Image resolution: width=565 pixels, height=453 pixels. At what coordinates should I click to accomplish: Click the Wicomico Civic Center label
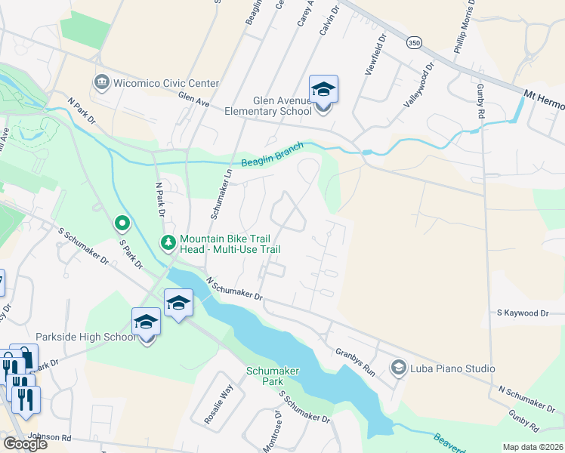[x=166, y=83]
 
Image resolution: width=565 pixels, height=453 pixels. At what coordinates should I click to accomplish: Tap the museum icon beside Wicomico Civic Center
[x=101, y=82]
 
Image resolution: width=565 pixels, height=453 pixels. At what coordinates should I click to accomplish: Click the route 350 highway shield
[x=414, y=45]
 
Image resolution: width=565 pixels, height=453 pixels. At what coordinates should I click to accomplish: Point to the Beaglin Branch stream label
[x=272, y=154]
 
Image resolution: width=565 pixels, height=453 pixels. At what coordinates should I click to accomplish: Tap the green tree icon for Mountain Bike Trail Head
[x=168, y=242]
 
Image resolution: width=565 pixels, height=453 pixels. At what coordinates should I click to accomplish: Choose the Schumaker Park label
[x=273, y=376]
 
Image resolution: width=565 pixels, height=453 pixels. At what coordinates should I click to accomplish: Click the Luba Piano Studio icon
[x=398, y=368]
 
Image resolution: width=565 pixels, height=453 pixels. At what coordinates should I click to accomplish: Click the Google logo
[x=25, y=444]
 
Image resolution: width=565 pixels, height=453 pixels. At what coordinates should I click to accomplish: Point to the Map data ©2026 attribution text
[x=533, y=447]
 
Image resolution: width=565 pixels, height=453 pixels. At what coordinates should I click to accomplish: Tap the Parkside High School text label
[x=85, y=337]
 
